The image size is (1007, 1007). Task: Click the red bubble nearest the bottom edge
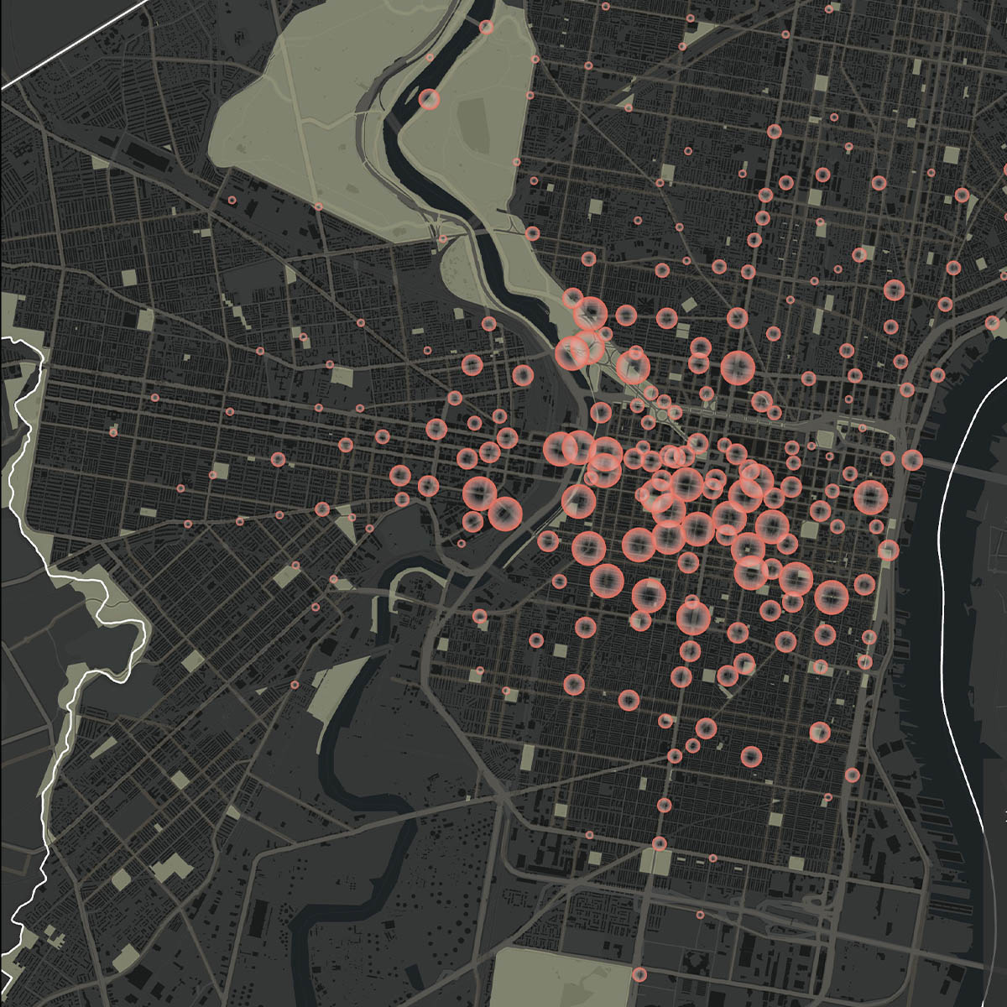click(639, 974)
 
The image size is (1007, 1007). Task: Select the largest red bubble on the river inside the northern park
click(430, 100)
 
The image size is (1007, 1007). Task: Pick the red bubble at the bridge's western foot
click(912, 460)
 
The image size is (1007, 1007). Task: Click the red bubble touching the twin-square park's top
click(660, 843)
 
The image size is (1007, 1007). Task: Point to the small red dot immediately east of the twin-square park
click(712, 858)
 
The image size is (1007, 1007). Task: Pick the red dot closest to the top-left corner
click(233, 201)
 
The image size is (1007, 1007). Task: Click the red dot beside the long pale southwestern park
click(295, 685)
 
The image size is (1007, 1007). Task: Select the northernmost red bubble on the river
click(486, 27)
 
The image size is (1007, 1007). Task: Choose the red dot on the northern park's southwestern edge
click(318, 206)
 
